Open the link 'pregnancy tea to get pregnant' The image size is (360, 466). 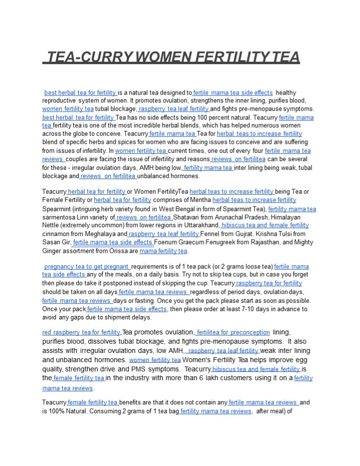click(x=87, y=266)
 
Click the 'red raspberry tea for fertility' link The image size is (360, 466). click(x=81, y=332)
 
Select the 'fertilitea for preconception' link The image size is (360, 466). click(x=233, y=332)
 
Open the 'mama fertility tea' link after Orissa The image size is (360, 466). click(x=163, y=251)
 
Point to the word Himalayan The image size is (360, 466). click(x=296, y=217)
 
